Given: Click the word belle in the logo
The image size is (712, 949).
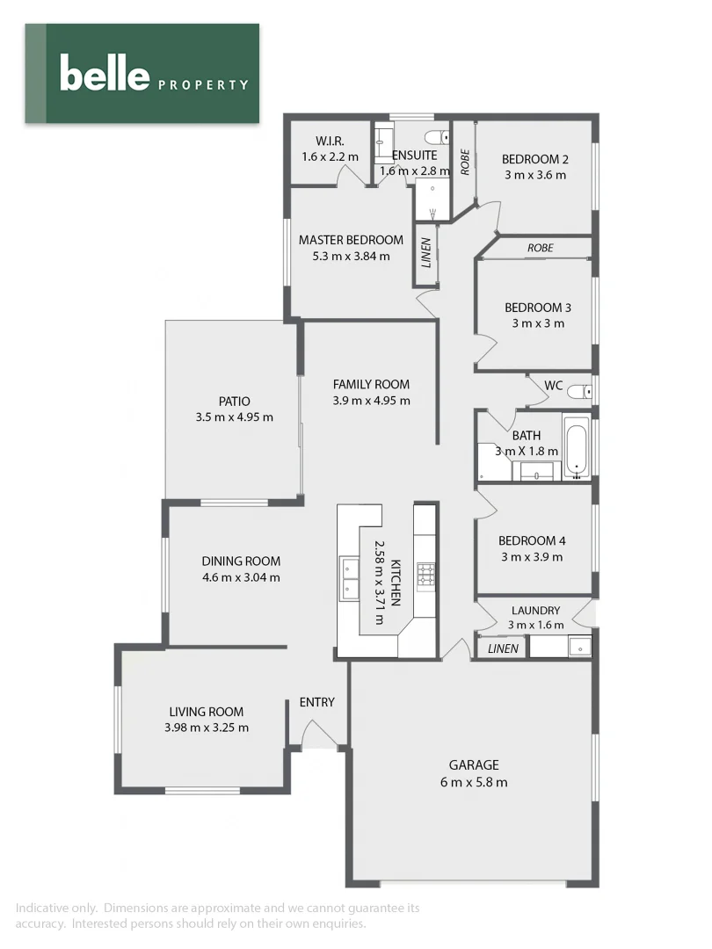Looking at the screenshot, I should coord(104,73).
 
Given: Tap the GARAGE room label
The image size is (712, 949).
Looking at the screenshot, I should coord(474,765).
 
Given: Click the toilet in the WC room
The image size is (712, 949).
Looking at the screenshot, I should coord(579,391).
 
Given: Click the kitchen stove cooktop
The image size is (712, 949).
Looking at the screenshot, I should coord(426,575).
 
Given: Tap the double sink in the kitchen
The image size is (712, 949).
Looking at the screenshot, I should coord(349,577).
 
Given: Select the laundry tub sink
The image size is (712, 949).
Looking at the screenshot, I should coord(578,648).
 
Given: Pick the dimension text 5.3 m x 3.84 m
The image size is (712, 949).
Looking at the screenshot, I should coord(351,257).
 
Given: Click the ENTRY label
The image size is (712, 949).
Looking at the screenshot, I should coord(316,702).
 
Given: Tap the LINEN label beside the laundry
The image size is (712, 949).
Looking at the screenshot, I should coord(503,649).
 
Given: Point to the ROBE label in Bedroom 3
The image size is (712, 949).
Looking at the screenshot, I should coord(540,249).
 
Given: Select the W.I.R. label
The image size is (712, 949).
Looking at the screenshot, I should coord(330,141).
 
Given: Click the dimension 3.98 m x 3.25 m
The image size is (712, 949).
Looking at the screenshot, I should coord(206,728).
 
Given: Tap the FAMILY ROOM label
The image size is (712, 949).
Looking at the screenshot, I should coord(371,384).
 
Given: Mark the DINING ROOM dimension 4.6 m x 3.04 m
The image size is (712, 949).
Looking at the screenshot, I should coord(241,577).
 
